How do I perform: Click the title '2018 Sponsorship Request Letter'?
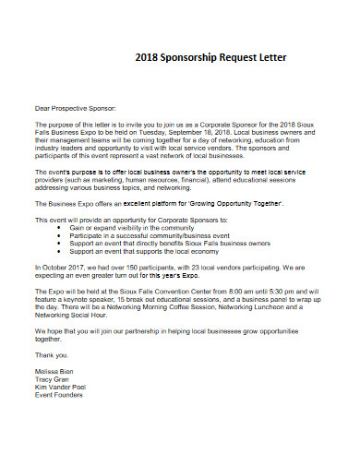click(211, 57)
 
